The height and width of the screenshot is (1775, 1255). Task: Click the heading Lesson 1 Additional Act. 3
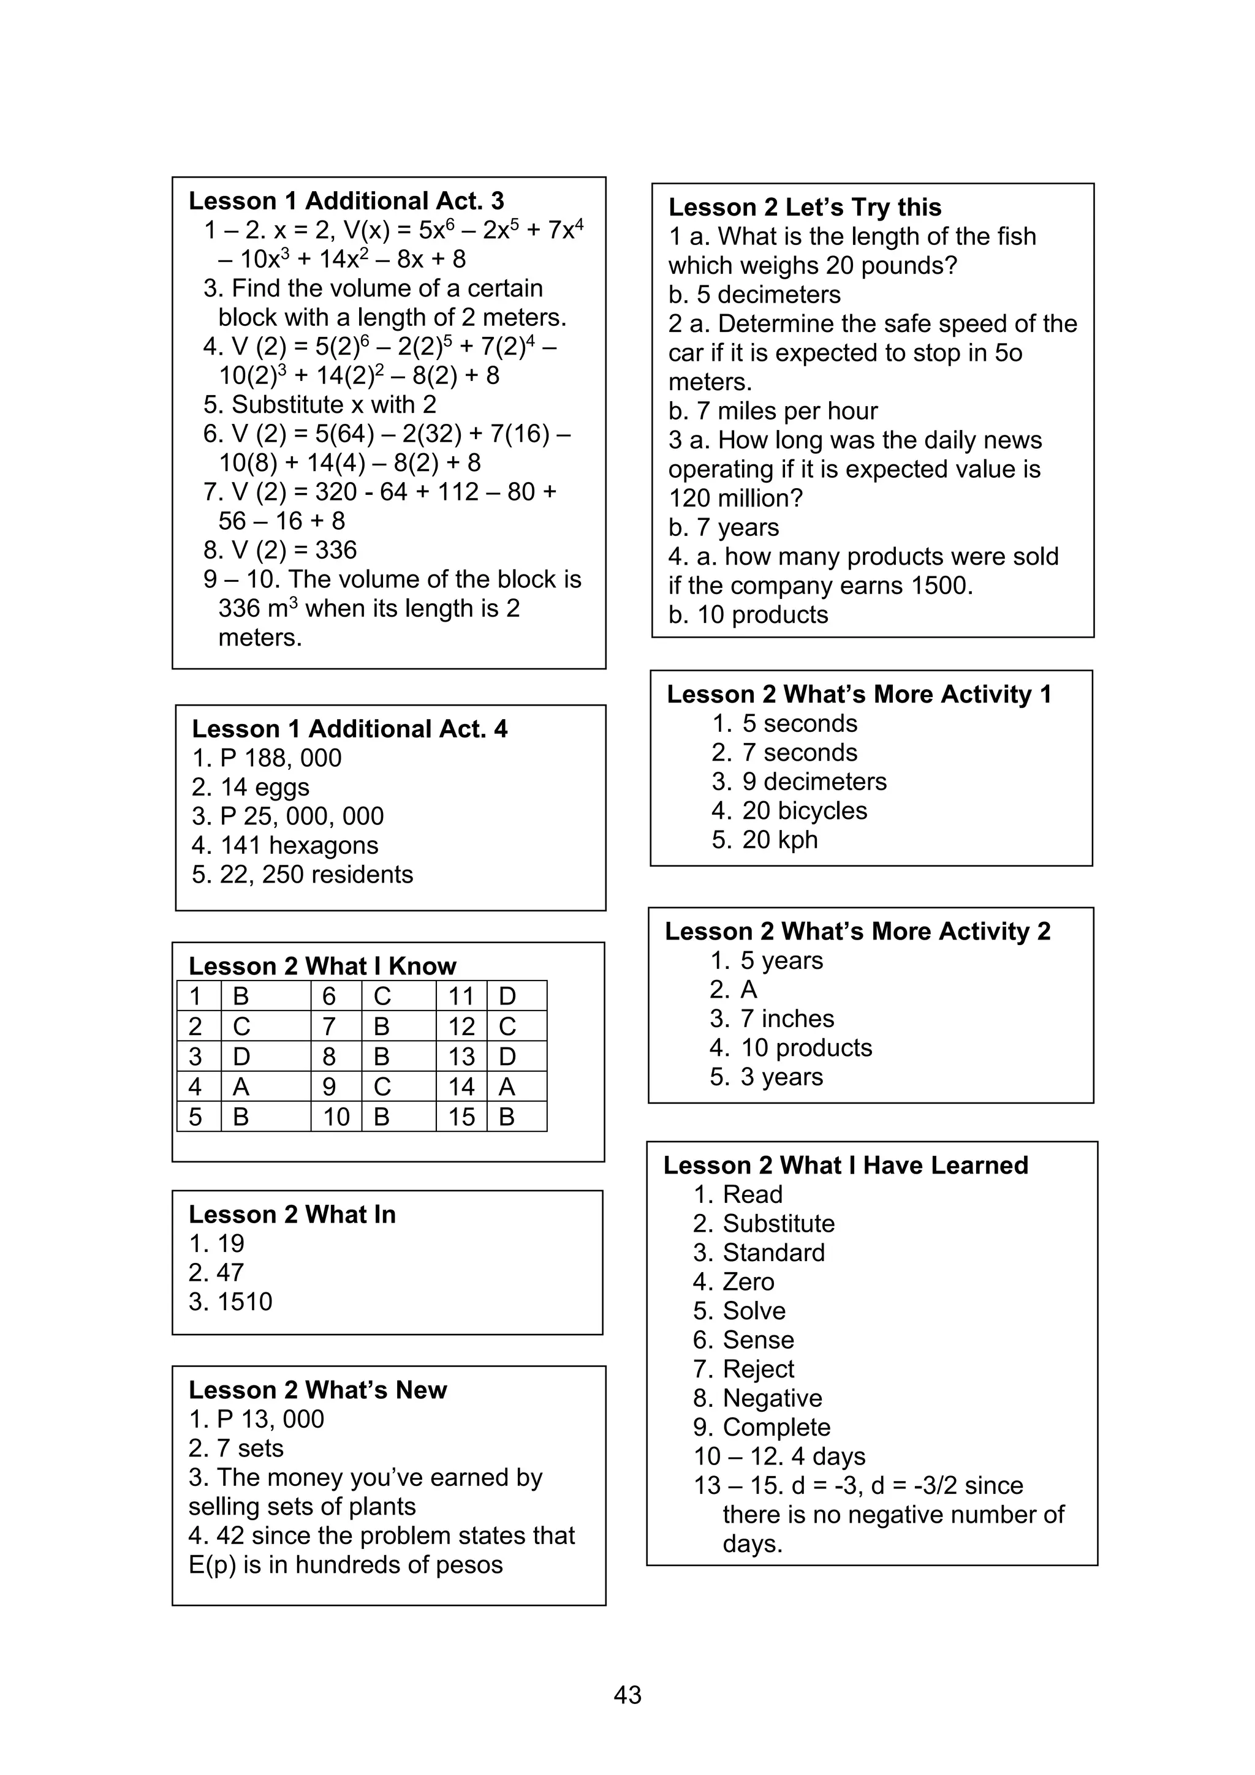(x=346, y=201)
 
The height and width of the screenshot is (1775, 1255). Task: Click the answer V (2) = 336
(x=280, y=549)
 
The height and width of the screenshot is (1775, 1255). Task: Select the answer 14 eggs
(x=251, y=787)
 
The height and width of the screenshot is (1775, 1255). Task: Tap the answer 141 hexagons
(x=284, y=845)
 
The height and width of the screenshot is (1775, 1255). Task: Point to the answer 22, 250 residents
(x=302, y=875)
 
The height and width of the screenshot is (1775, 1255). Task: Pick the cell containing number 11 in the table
(x=461, y=996)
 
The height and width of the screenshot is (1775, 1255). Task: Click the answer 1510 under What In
(x=230, y=1301)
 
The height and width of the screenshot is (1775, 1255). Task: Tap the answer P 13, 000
(x=256, y=1419)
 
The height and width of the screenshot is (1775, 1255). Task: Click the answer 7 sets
(x=236, y=1448)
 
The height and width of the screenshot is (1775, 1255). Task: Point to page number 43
(x=627, y=1695)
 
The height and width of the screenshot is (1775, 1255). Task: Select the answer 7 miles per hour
(x=773, y=410)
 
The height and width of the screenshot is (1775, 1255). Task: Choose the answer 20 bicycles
(x=804, y=810)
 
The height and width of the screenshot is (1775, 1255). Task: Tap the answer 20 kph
(x=779, y=840)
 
